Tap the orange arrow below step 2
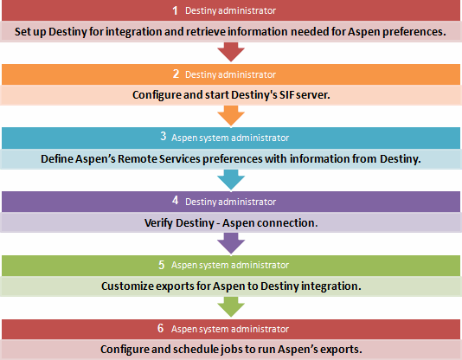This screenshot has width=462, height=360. [x=231, y=115]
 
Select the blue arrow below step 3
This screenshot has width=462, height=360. [x=231, y=178]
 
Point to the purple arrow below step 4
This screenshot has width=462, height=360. [x=231, y=241]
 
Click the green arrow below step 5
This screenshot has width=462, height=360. [x=231, y=305]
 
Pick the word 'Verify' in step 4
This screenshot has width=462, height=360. [x=162, y=222]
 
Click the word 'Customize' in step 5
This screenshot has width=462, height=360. [x=131, y=285]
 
